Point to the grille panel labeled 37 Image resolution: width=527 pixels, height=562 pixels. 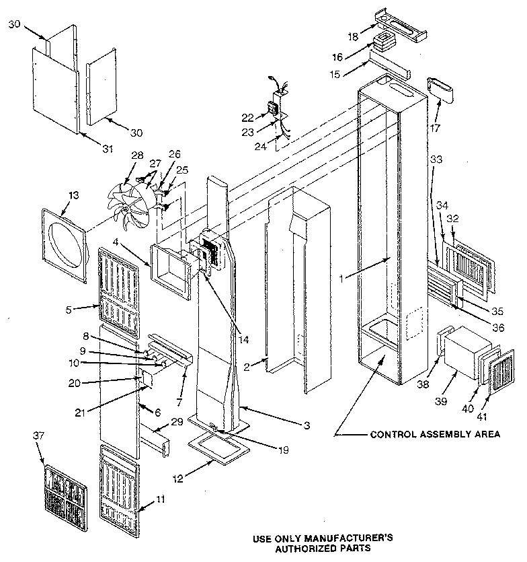66,496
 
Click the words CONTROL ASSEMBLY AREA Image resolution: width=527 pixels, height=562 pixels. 435,434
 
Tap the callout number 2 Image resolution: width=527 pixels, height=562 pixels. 247,366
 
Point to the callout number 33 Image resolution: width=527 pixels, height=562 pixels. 436,160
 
